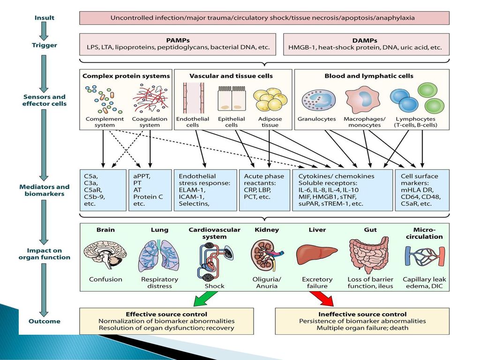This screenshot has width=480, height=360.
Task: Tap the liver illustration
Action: (x=317, y=254)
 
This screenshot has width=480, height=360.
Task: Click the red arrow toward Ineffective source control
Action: (x=322, y=299)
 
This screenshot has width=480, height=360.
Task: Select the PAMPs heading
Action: (x=178, y=40)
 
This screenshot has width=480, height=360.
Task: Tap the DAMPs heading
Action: (x=365, y=40)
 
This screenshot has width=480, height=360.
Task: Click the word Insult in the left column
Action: (x=45, y=18)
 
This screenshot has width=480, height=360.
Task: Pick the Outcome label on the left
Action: (x=45, y=321)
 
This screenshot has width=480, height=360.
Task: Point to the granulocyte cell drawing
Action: (x=318, y=101)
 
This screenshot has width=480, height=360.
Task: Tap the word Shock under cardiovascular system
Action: (x=214, y=286)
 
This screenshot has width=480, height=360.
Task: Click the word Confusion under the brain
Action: (x=105, y=279)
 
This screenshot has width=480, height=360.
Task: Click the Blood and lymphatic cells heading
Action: (x=369, y=76)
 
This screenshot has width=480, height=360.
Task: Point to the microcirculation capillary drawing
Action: (x=425, y=256)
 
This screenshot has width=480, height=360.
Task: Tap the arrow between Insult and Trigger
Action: (x=44, y=31)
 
